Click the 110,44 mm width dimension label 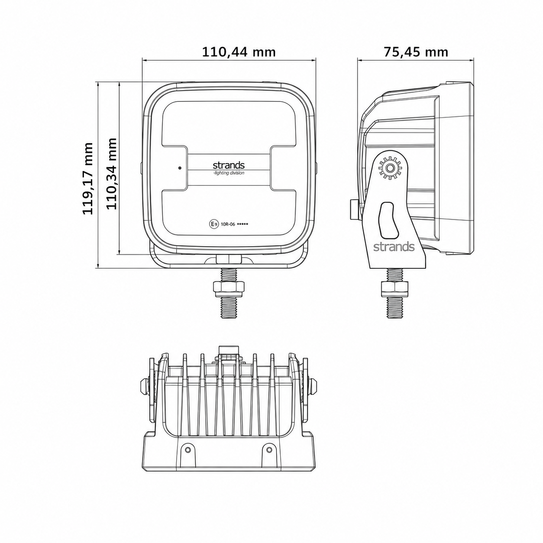tap(239, 52)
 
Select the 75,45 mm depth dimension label tap(416, 52)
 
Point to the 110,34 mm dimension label tap(112, 174)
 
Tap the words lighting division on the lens tap(229, 173)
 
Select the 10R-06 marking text tap(228, 224)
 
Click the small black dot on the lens tap(180, 168)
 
